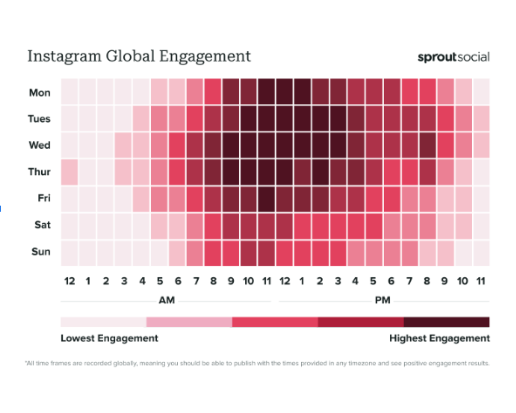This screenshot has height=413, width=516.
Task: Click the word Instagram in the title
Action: [x=64, y=56]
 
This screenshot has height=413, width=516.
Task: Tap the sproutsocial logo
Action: [x=453, y=57]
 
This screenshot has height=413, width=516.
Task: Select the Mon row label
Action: [x=40, y=93]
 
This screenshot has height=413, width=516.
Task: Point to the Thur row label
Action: [x=39, y=172]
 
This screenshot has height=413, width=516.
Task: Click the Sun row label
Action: [x=41, y=252]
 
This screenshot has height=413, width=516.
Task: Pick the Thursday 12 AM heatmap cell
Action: [x=69, y=172]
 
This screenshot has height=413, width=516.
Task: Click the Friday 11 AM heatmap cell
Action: [x=267, y=199]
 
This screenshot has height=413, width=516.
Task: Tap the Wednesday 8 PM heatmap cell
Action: [x=428, y=145]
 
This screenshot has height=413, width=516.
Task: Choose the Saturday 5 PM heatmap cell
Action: [x=374, y=226]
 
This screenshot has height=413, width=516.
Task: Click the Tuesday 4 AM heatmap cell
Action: [x=141, y=118]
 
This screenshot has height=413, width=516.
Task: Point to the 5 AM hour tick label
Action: [x=160, y=281]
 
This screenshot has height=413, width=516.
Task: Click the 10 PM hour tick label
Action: [x=462, y=281]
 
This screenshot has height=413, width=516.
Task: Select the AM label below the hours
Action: [x=166, y=300]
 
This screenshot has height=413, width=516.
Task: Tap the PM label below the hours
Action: [x=383, y=300]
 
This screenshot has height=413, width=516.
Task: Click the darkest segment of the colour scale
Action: [x=447, y=322]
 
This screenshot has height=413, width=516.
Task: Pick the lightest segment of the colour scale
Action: [x=103, y=322]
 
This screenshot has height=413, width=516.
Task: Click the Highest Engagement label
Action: [x=439, y=338]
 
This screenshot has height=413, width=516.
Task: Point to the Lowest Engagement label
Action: [x=109, y=338]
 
